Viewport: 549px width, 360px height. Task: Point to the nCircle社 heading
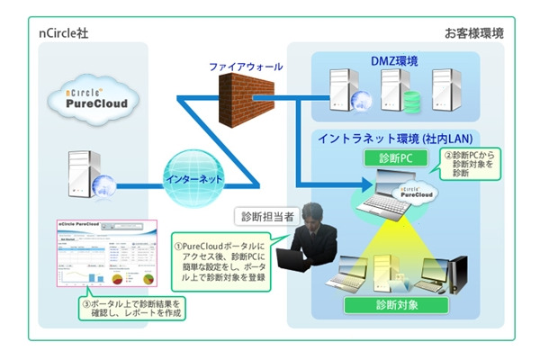tap(63, 33)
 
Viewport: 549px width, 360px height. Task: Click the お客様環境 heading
tap(474, 33)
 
